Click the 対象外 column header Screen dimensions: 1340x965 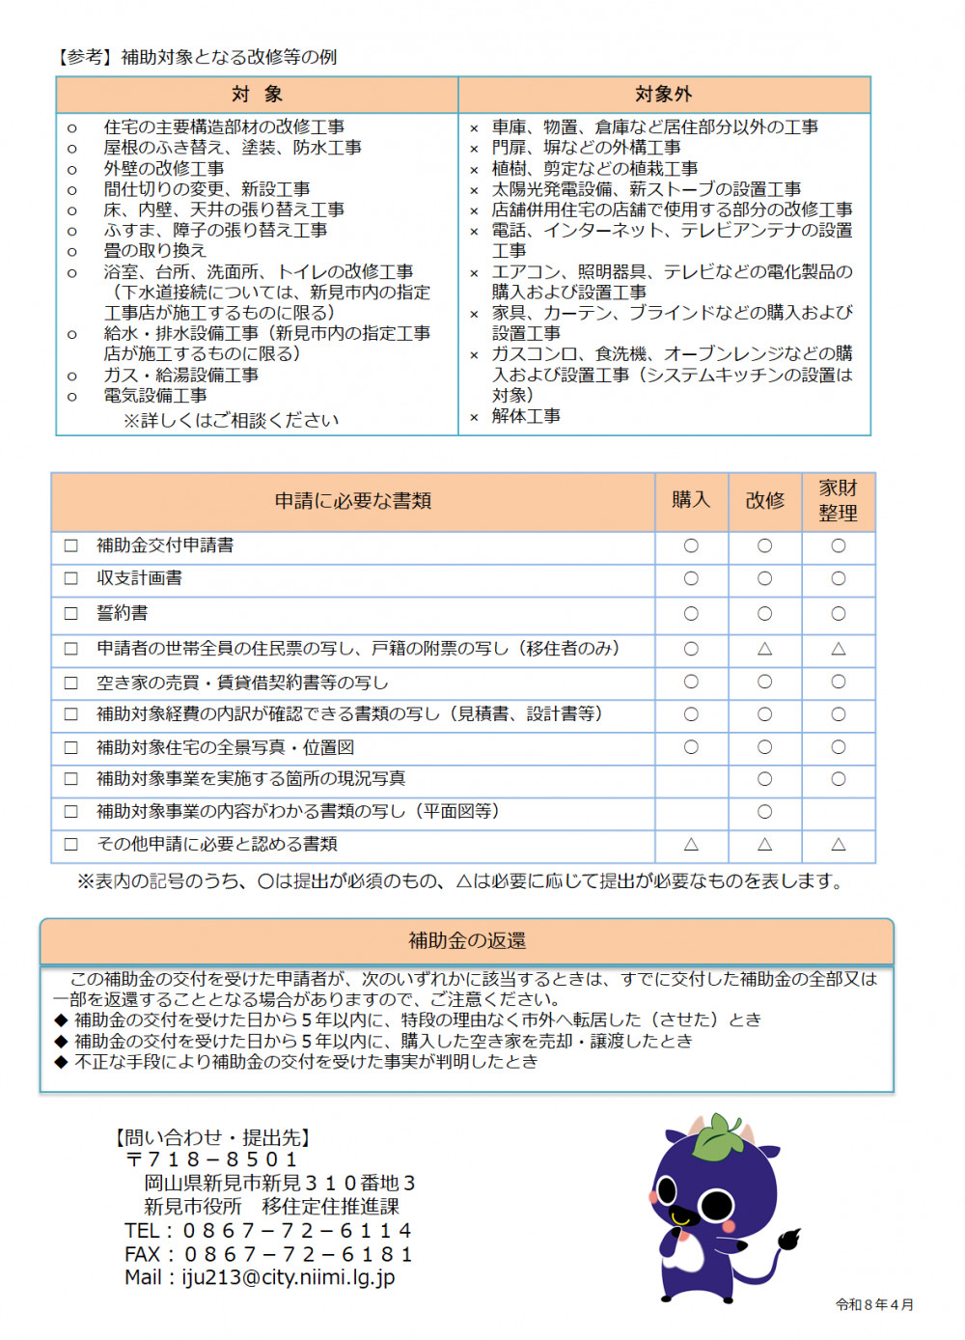click(x=663, y=95)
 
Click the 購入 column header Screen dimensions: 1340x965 click(x=691, y=500)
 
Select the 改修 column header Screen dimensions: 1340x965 click(x=764, y=500)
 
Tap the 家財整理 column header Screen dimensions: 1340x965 click(x=838, y=500)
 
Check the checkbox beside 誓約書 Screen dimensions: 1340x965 click(x=71, y=613)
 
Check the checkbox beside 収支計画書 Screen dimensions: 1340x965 click(x=71, y=578)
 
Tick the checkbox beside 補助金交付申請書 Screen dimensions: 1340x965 click(x=71, y=545)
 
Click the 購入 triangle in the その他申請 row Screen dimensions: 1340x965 click(x=691, y=845)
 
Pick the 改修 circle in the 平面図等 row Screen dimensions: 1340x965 click(x=764, y=812)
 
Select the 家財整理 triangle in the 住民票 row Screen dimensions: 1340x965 click(x=838, y=649)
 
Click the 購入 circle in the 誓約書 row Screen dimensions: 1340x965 click(x=691, y=613)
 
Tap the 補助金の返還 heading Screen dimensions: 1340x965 click(x=467, y=940)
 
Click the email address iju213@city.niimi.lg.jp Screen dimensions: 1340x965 click(x=289, y=1278)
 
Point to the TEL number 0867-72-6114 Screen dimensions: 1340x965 click(x=297, y=1231)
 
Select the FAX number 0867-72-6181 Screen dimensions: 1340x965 click(x=298, y=1255)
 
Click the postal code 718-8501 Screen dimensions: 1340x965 click(x=223, y=1159)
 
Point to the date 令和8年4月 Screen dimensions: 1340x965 click(x=874, y=1305)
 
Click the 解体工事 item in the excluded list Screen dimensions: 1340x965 click(x=526, y=416)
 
